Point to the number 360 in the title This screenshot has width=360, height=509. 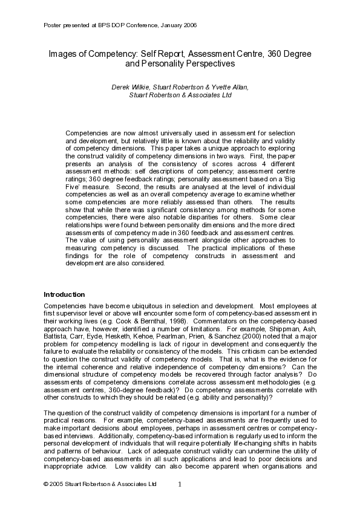tap(272, 54)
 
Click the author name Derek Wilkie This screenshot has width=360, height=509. tap(130, 87)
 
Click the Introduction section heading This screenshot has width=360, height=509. tap(64, 294)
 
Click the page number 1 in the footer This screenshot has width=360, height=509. tap(180, 484)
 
